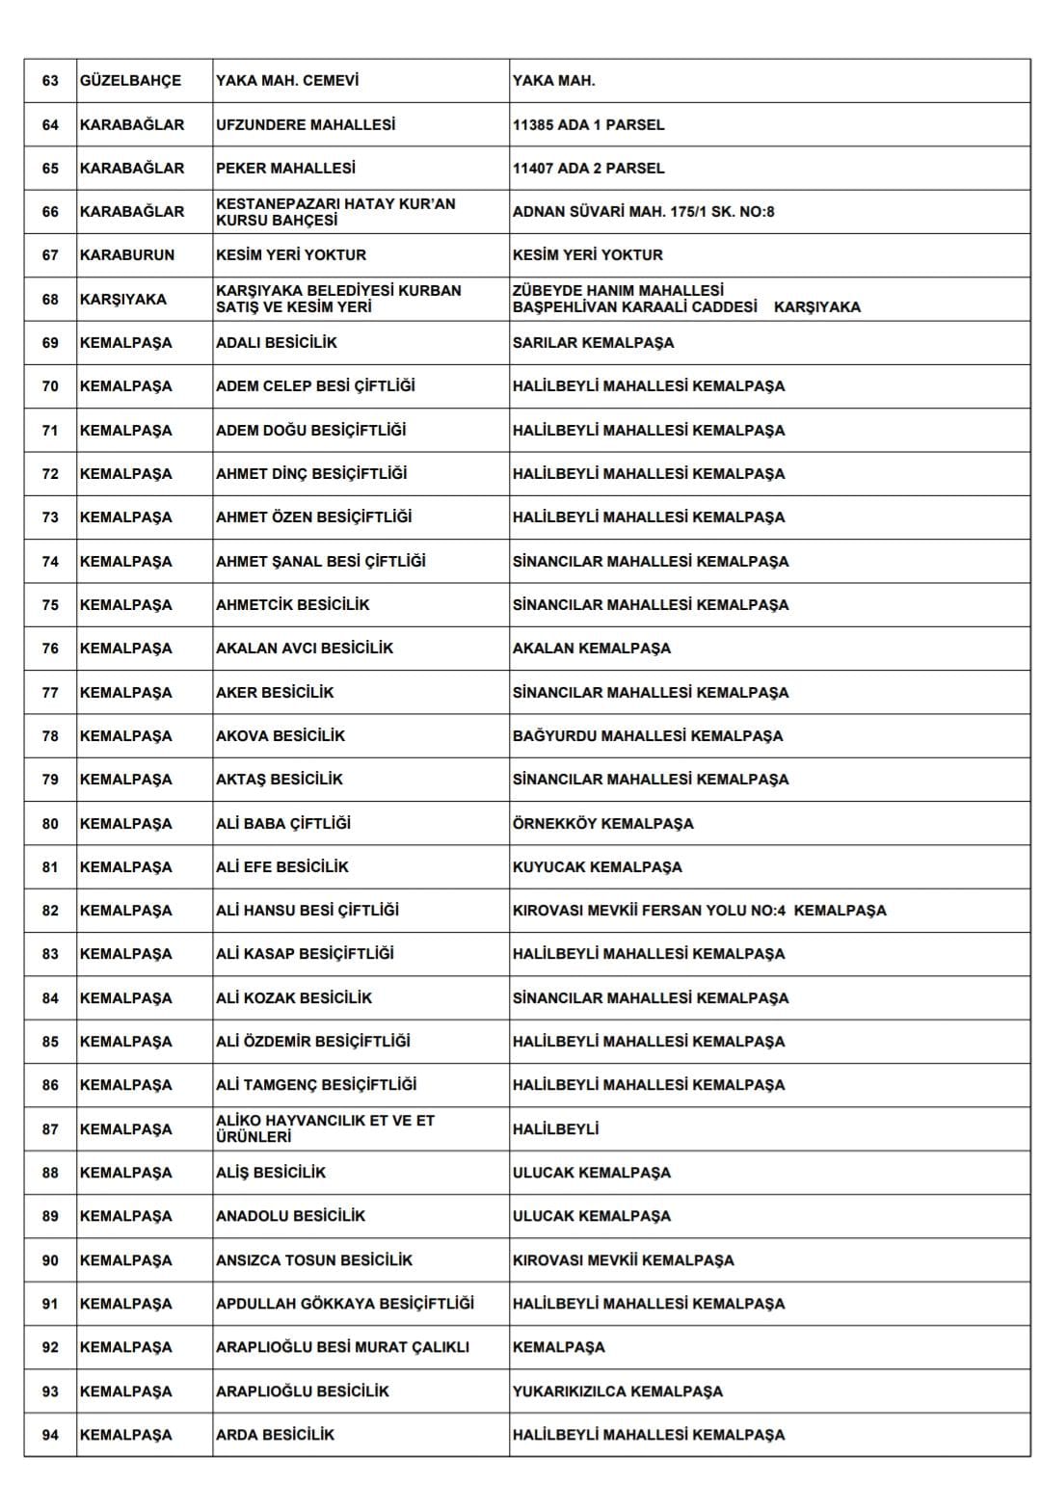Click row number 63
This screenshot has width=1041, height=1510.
(50, 81)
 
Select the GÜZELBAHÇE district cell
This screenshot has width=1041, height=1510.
(130, 81)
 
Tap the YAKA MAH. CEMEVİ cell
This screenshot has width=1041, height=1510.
(287, 81)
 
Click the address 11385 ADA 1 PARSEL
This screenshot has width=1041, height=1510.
(588, 124)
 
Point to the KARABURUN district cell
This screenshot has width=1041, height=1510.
(127, 254)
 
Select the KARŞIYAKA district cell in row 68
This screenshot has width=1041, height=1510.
(123, 299)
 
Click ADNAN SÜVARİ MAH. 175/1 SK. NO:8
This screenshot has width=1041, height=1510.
(643, 211)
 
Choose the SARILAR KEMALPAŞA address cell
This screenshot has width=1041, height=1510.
(593, 342)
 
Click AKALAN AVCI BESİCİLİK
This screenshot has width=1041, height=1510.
(305, 648)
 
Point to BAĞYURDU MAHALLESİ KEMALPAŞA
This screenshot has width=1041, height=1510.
(648, 735)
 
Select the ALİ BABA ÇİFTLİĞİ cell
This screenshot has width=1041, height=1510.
(283, 823)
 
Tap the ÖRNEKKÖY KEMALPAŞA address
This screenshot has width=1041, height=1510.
(602, 823)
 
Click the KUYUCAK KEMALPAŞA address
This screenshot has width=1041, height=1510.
(597, 866)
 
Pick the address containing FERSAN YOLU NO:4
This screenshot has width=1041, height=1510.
(699, 910)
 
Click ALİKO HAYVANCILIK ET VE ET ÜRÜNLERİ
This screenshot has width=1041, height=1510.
(325, 1128)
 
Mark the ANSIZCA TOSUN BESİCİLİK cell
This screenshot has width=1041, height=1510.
(314, 1259)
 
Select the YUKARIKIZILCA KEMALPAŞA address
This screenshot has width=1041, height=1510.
(617, 1391)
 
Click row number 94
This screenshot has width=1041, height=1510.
(50, 1434)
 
